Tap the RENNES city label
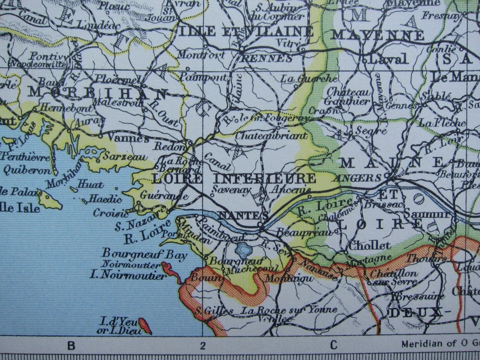click(259, 58)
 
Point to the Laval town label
click(388, 59)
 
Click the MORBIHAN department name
click(98, 93)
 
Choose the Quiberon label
click(24, 169)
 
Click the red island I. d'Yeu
click(145, 325)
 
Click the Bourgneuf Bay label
click(144, 254)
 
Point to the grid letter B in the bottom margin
click(71, 345)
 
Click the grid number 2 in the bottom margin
click(202, 345)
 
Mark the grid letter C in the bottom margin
click(333, 345)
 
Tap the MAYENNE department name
click(377, 35)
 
